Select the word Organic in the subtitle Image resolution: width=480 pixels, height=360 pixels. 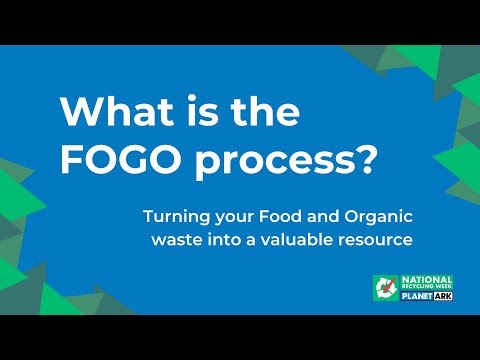tap(379, 217)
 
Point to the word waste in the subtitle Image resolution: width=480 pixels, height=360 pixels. tap(177, 240)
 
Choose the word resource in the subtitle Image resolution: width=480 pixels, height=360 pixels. tap(376, 241)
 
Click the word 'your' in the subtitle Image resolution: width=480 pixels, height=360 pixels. tap(235, 218)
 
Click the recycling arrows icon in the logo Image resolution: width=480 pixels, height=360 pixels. tap(386, 288)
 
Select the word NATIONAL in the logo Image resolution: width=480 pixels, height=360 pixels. tap(427, 280)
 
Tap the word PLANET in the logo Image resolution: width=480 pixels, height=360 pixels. tap(417, 296)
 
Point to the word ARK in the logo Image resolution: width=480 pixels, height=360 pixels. tap(443, 296)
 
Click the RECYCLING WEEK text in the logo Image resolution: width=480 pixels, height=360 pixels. tap(427, 287)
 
